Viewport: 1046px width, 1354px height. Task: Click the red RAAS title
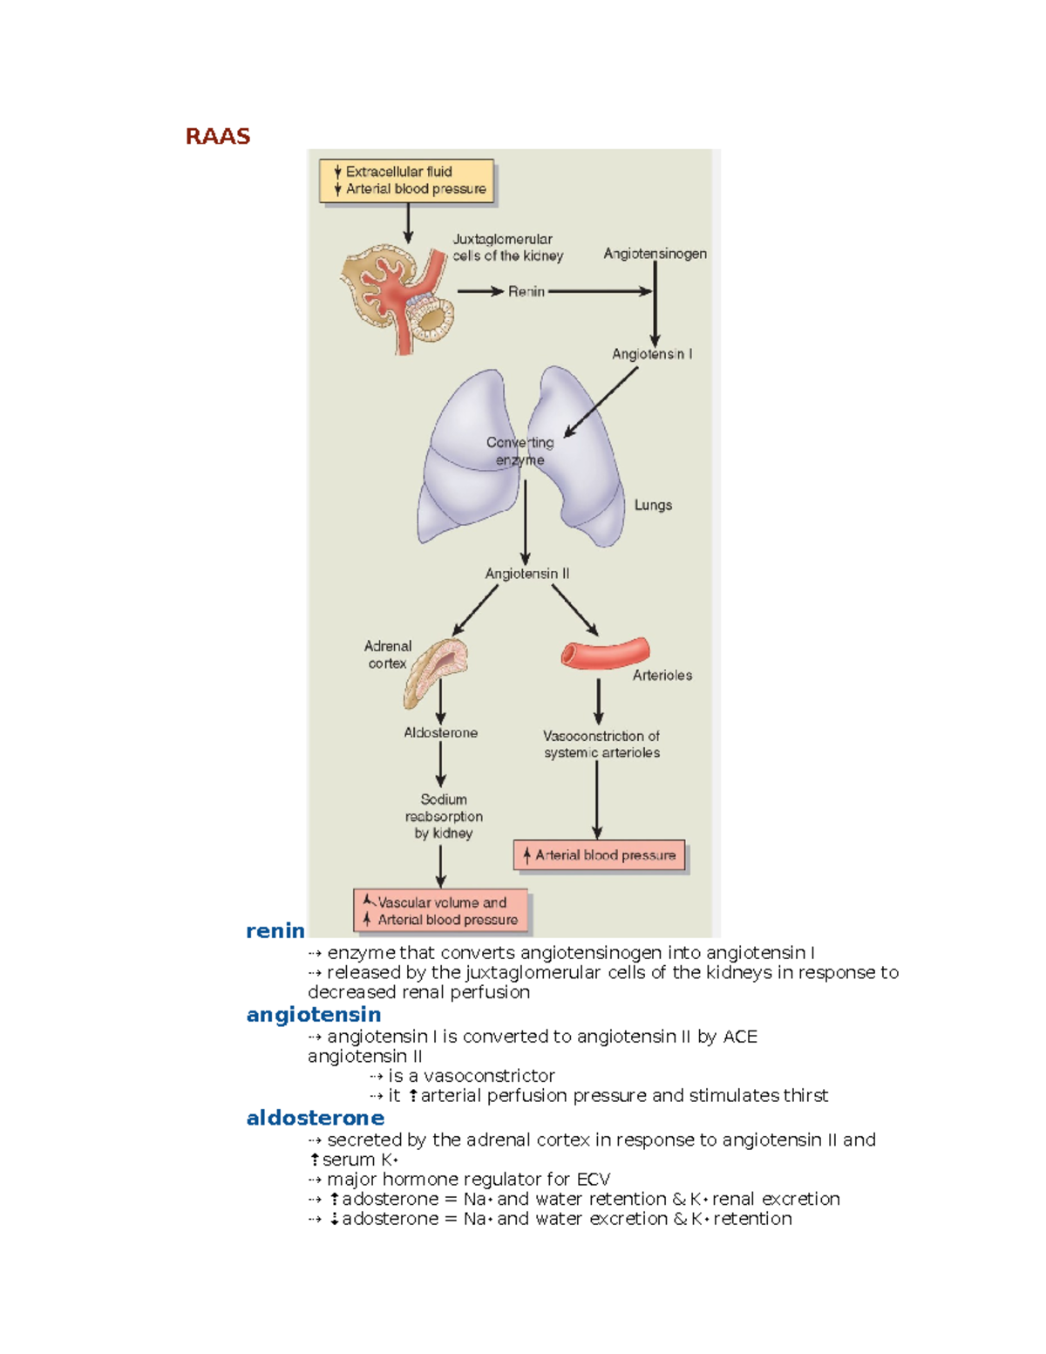(x=218, y=136)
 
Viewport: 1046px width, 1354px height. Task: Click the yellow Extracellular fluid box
(x=407, y=180)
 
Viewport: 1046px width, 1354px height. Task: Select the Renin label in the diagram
(x=526, y=291)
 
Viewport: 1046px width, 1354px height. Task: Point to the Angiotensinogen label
(x=655, y=254)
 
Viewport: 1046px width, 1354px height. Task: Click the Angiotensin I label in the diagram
(x=652, y=354)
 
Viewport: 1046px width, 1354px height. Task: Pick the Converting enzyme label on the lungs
(x=520, y=452)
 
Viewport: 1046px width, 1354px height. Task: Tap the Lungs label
(x=653, y=505)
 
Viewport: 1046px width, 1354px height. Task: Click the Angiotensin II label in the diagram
(x=527, y=574)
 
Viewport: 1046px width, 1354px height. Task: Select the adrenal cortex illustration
(x=436, y=671)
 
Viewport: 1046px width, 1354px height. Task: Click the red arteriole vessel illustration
(x=605, y=653)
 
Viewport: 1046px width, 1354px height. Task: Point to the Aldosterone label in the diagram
(x=440, y=733)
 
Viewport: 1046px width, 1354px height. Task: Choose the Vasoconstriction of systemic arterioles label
(x=601, y=745)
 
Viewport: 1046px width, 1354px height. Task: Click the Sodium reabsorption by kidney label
(x=444, y=816)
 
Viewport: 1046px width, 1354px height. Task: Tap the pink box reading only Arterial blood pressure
(x=600, y=855)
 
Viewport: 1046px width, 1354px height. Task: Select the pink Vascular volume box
(x=441, y=911)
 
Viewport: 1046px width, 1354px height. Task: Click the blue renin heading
(x=275, y=930)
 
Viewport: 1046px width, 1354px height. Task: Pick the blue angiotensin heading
(x=314, y=1015)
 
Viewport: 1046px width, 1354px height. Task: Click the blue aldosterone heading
(x=316, y=1118)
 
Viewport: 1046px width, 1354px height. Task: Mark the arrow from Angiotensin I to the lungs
(x=601, y=401)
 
